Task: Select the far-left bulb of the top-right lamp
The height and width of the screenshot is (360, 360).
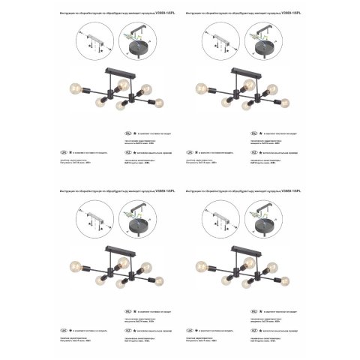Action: point(201,88)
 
